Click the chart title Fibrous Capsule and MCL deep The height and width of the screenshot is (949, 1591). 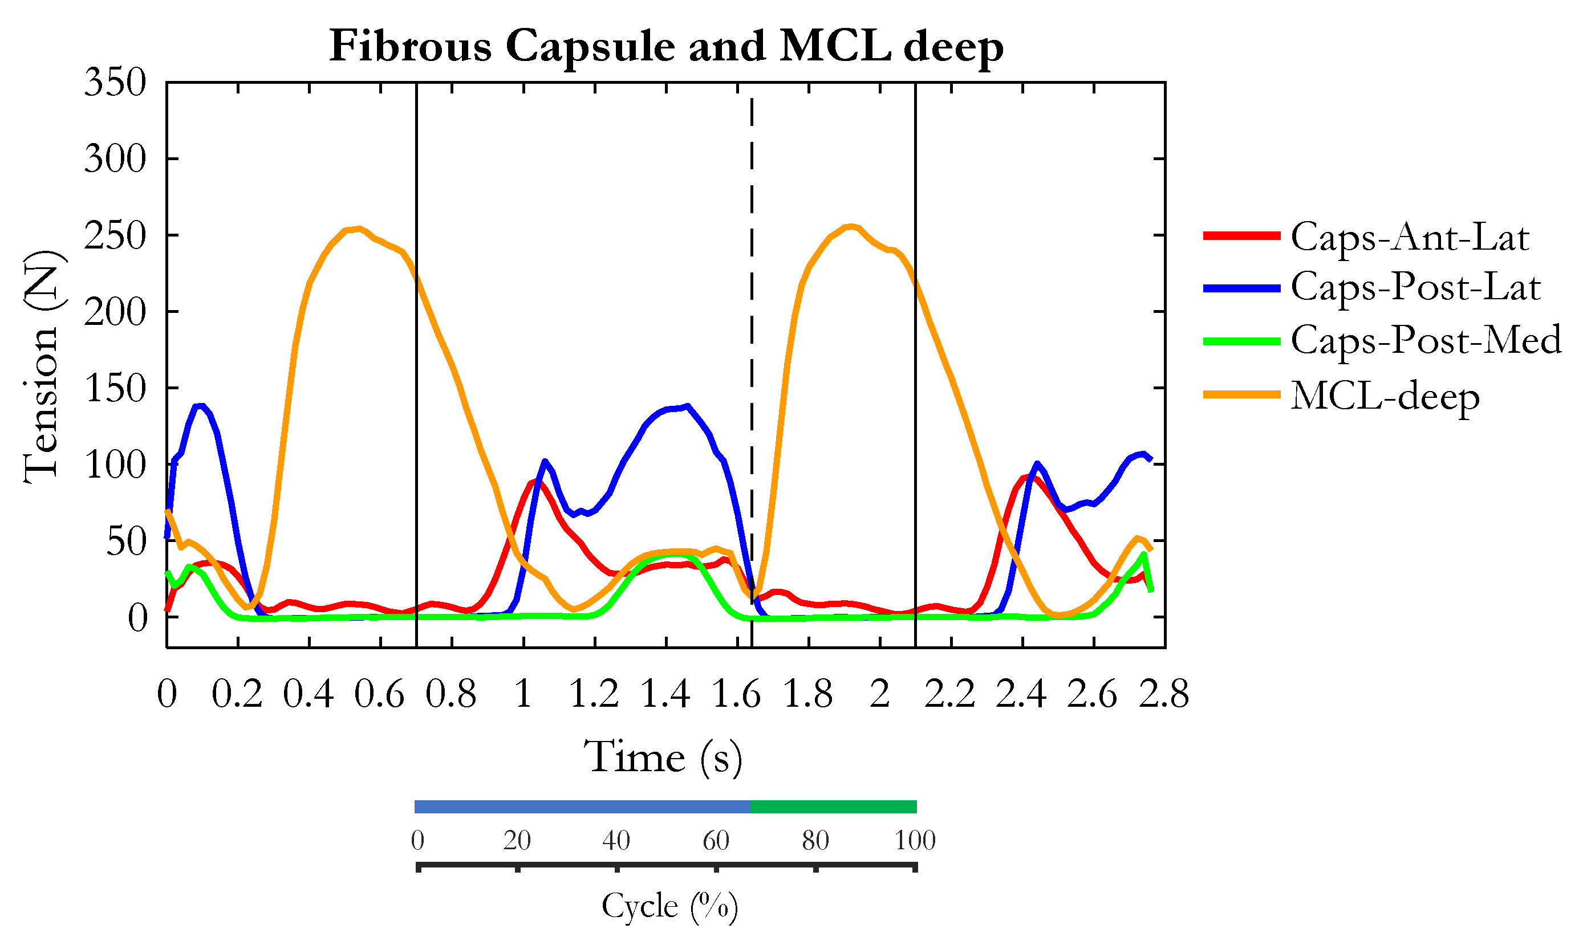[666, 46]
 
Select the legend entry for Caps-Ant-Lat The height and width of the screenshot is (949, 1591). [1409, 237]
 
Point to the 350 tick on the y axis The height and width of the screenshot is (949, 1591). [116, 83]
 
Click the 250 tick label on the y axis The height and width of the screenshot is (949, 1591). [116, 236]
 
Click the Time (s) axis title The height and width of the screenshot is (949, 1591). [663, 758]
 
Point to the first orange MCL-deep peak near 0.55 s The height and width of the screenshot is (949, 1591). [359, 229]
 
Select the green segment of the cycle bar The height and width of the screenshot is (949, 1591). [833, 807]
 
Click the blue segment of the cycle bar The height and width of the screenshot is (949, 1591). [582, 807]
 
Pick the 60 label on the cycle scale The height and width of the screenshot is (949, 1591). [715, 840]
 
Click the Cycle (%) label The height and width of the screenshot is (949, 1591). [669, 906]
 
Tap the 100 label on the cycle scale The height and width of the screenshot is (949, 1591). [915, 840]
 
